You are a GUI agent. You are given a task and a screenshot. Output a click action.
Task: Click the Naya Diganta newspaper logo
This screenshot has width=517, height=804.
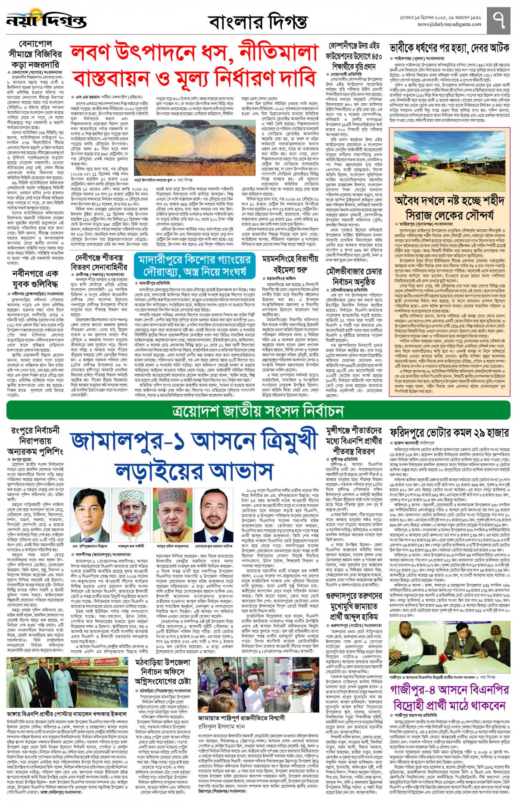tap(47, 20)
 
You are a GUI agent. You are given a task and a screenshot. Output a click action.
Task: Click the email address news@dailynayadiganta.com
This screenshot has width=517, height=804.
tap(449, 25)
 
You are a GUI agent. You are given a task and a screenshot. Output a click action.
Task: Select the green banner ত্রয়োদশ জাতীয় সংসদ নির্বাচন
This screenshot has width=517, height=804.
tap(258, 411)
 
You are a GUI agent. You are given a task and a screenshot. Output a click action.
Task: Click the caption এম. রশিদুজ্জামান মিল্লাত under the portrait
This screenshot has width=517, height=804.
tap(90, 546)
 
